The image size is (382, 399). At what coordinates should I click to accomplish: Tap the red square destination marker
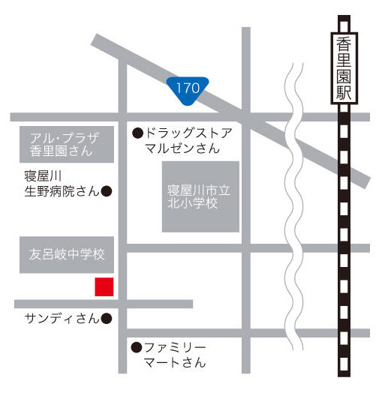104,286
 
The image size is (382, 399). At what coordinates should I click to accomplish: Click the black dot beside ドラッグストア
137,133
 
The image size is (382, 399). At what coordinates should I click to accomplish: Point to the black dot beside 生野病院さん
107,191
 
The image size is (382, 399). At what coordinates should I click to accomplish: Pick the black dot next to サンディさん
107,318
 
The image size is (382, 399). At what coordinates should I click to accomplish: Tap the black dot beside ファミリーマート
137,347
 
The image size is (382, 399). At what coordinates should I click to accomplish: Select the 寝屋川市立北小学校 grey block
200,196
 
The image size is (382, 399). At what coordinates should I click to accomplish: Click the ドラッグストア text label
188,133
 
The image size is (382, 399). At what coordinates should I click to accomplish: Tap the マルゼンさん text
182,148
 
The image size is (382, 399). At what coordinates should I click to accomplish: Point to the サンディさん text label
62,318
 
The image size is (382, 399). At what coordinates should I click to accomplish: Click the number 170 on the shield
188,88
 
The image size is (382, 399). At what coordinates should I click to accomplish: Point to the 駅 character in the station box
343,93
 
